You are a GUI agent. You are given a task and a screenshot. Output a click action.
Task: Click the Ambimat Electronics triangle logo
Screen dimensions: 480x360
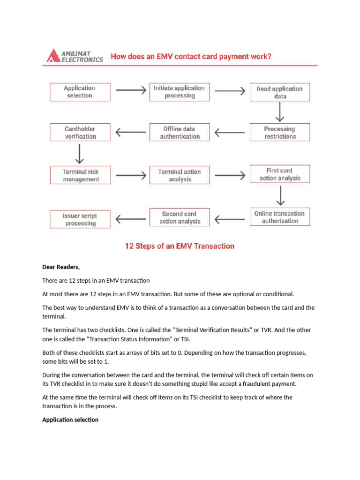coord(52,56)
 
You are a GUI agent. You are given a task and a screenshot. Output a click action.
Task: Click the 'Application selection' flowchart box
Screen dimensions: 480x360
coord(80,92)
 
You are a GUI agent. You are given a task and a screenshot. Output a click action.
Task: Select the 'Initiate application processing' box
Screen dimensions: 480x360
coord(180,92)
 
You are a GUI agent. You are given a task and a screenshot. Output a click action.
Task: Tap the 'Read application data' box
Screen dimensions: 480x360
coord(279,92)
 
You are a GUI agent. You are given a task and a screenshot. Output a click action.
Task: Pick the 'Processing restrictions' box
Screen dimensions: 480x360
coord(280,133)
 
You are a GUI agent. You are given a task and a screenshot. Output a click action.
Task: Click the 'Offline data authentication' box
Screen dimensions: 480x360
coord(180,133)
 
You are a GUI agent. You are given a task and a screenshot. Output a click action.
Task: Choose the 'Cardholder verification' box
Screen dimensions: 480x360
coord(80,133)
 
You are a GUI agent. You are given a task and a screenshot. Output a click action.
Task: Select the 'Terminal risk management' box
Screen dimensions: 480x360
coord(80,175)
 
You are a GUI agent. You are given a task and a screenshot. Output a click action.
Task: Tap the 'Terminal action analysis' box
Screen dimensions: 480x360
coord(180,176)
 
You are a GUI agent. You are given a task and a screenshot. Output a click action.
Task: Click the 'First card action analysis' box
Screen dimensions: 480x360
coord(280,174)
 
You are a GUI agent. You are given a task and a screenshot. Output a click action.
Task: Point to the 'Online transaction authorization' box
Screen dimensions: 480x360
coord(279,217)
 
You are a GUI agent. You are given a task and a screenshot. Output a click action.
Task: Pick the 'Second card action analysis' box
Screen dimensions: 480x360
coord(180,217)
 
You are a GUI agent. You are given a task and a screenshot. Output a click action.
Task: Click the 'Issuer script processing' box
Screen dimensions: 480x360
coord(80,219)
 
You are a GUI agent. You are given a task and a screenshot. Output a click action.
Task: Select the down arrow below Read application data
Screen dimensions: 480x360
coord(280,112)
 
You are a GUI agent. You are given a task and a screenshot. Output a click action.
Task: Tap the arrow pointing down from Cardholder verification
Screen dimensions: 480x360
coord(80,154)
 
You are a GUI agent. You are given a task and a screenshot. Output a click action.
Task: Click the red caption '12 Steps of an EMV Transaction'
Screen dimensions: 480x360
coord(180,246)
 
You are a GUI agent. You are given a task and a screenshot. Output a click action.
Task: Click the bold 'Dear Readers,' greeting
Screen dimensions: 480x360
coord(61,267)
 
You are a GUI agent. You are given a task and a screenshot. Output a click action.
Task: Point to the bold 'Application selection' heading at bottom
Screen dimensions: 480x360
coord(70,420)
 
